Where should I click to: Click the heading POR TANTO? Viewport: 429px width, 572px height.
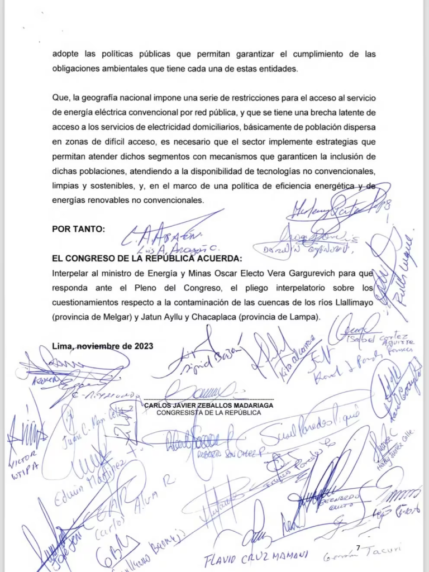(78, 229)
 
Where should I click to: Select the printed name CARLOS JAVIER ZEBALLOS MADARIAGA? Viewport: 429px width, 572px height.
(208, 406)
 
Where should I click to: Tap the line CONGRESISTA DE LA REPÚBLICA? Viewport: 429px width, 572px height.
(208, 413)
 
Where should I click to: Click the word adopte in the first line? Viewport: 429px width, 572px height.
(65, 54)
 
